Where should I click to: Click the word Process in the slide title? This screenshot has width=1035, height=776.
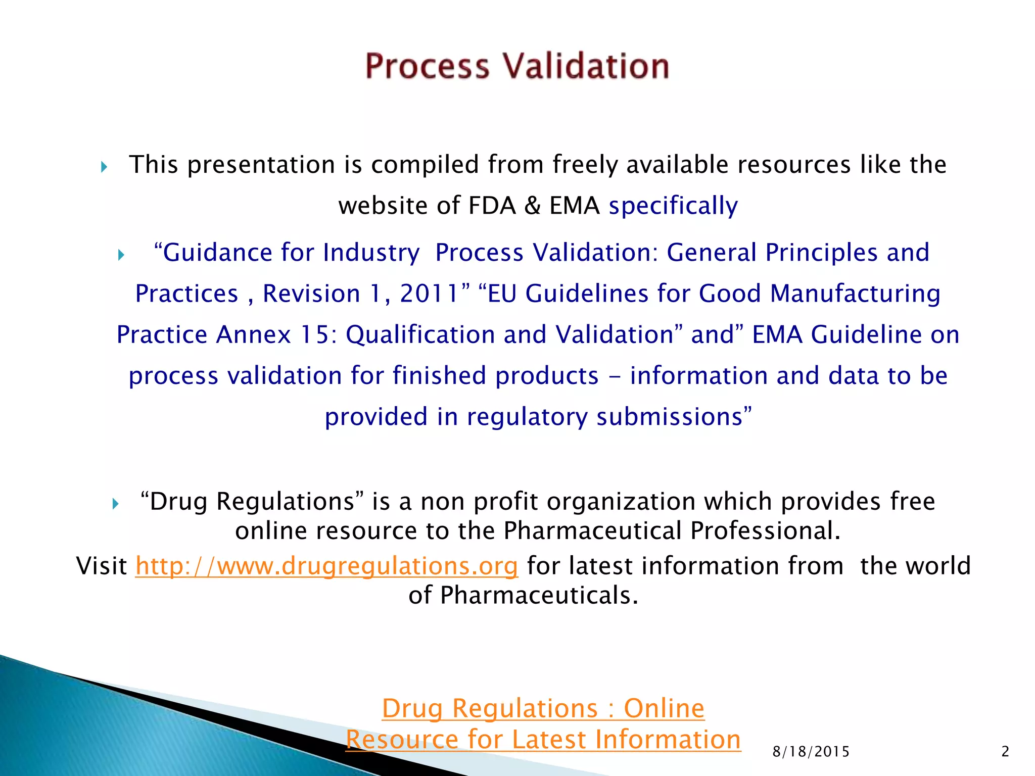click(428, 66)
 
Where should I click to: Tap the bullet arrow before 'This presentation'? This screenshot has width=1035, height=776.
click(104, 167)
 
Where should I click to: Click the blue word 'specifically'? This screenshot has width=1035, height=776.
click(673, 206)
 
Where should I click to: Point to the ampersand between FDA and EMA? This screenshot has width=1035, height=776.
click(533, 206)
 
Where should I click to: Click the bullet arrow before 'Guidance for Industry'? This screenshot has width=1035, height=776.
click(121, 255)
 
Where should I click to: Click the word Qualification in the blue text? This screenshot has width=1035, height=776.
click(420, 334)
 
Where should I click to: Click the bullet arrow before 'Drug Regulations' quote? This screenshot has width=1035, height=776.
click(115, 504)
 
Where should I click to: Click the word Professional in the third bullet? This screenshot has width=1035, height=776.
click(765, 531)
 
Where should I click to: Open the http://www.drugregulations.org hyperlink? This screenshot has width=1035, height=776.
click(326, 566)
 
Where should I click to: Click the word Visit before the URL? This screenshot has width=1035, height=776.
click(102, 566)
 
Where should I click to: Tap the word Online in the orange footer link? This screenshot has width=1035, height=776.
click(664, 708)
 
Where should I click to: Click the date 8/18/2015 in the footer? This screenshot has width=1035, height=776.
click(811, 752)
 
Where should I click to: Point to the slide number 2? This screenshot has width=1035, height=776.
click(1005, 752)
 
